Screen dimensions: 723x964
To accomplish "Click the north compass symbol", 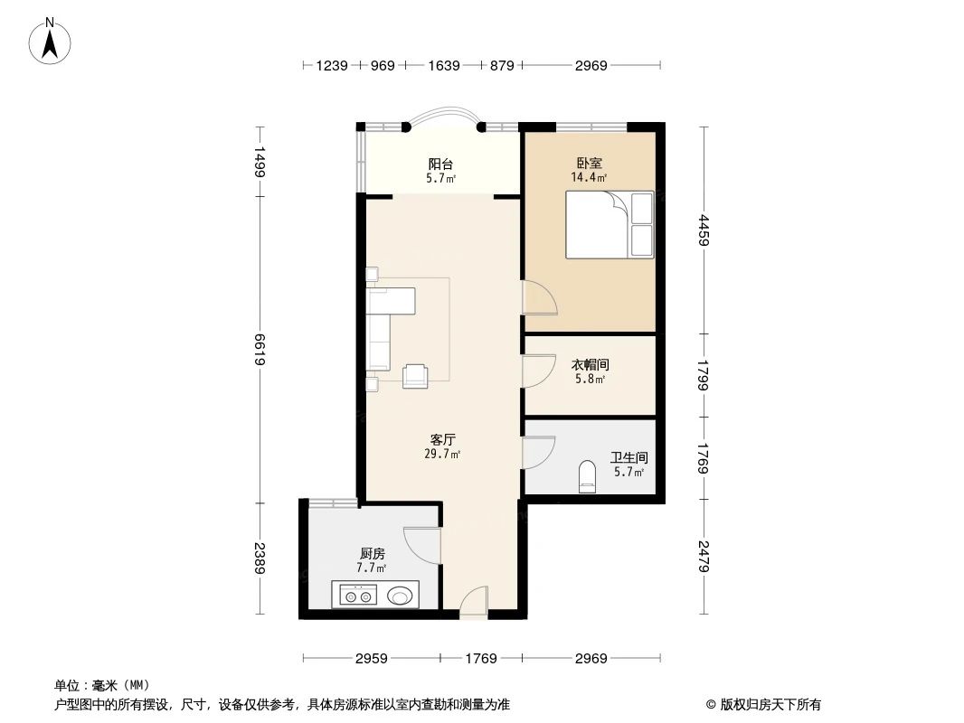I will point(52,41).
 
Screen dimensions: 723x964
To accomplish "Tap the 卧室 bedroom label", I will point(589,164).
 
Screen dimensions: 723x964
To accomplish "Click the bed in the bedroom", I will point(609,224).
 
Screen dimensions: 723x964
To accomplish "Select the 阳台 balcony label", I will point(440,164).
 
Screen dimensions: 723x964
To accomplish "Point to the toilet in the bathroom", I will point(587,476).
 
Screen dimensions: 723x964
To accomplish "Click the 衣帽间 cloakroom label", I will point(590,365).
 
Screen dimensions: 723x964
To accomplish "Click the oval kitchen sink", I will point(402,595).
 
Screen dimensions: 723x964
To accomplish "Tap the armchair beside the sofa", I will point(416,375).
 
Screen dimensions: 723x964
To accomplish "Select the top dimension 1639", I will point(443,65).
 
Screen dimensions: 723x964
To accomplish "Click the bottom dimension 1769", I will point(481,658).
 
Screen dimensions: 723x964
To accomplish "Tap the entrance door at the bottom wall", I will point(473,603).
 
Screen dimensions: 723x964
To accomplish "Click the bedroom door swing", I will point(539,297).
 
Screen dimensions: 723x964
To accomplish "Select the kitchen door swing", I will point(421,546).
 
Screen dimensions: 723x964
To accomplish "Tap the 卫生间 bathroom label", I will point(628,458).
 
